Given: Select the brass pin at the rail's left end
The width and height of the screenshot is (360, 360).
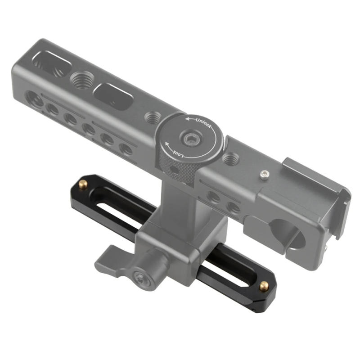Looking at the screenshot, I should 83,183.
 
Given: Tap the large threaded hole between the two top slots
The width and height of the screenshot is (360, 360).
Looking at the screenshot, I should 81,80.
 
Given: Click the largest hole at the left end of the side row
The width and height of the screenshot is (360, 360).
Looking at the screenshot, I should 34,99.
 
